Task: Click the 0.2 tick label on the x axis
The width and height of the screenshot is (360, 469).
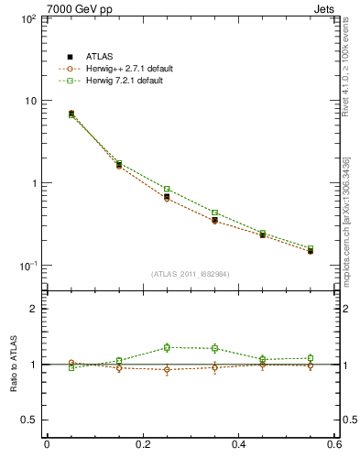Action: (x=142, y=444)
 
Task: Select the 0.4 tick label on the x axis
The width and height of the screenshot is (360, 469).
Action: (x=238, y=444)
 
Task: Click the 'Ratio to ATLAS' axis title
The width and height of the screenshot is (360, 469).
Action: (x=10, y=365)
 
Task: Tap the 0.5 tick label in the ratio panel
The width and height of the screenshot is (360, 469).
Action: (x=29, y=420)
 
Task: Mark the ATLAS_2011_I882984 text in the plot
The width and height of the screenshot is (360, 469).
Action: (x=191, y=273)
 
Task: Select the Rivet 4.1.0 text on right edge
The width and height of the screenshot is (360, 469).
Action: (x=352, y=78)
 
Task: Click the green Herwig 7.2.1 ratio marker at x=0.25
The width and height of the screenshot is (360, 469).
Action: (x=167, y=347)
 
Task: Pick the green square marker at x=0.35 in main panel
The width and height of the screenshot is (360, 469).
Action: (x=214, y=213)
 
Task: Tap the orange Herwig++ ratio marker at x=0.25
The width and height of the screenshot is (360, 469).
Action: (x=167, y=370)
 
